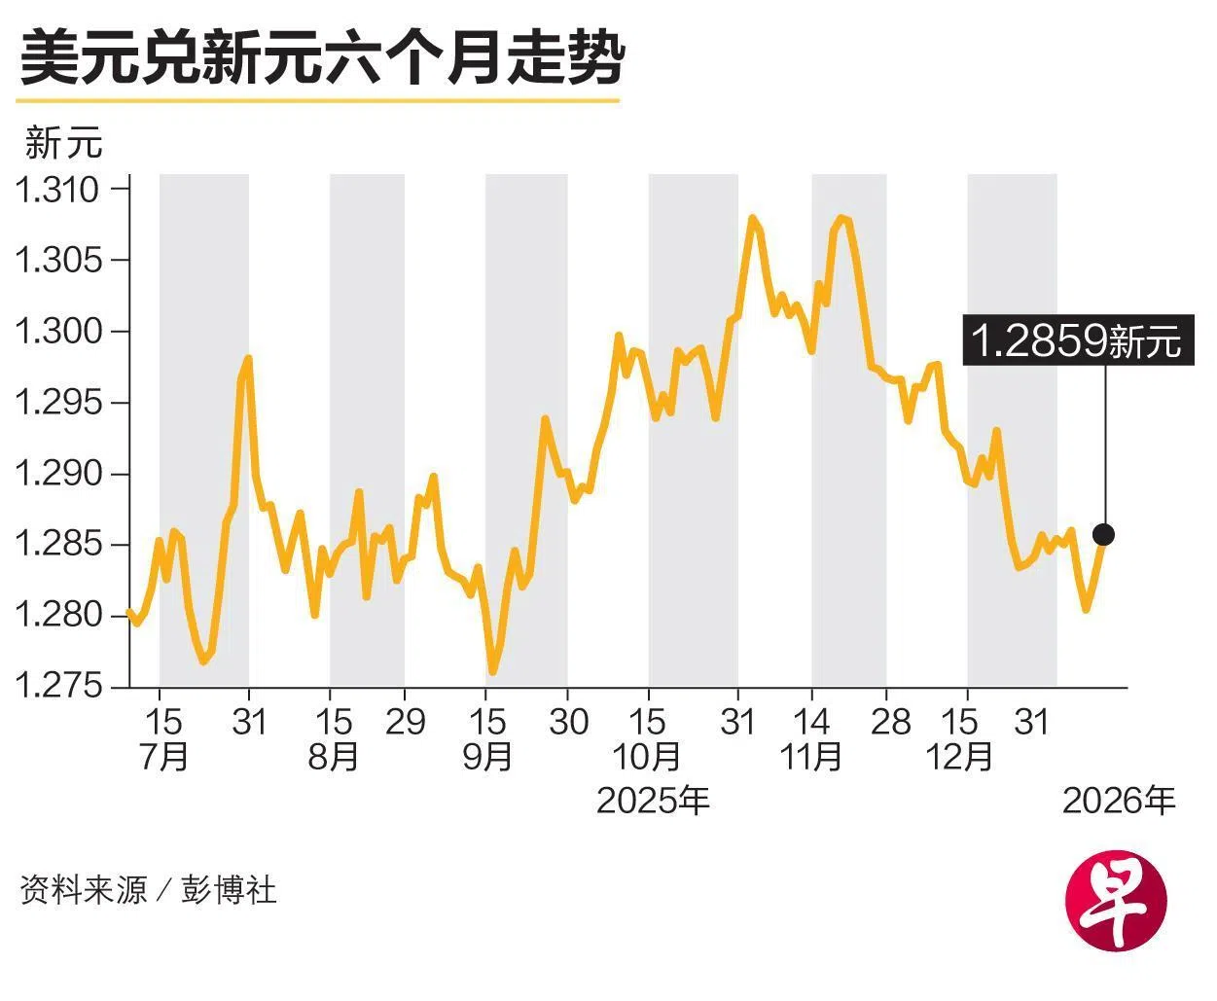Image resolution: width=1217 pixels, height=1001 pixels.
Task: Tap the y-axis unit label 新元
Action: (63, 143)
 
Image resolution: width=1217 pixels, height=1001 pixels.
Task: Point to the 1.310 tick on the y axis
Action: (58, 189)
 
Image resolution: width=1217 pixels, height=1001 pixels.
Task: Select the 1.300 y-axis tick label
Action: (58, 332)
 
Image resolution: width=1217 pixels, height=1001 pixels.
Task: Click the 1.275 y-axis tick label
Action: (58, 686)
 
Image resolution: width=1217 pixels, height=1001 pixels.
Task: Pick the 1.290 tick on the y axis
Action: (58, 474)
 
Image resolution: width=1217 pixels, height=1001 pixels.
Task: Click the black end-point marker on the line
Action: (1103, 534)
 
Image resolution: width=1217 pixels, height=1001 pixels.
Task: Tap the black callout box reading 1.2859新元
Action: (1077, 340)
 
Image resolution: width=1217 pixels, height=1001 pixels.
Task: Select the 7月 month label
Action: (163, 756)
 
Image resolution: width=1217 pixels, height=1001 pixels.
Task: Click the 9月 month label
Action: (487, 756)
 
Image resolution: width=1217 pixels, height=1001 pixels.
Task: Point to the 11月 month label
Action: (811, 756)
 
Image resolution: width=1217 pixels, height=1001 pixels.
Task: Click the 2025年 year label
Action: (653, 801)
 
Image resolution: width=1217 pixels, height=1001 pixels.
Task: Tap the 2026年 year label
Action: (1119, 801)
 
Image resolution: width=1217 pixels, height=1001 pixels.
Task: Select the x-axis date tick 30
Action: (568, 722)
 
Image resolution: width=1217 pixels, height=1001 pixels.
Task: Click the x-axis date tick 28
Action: (890, 722)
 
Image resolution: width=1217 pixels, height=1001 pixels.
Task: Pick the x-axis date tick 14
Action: (811, 722)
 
